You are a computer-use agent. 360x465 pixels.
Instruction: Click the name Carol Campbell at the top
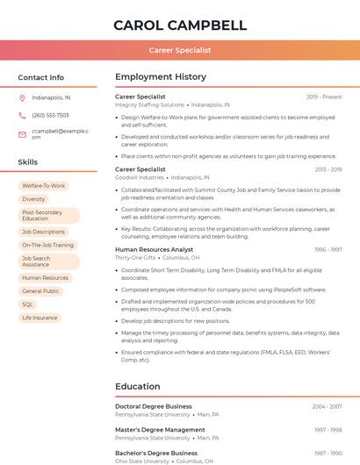coord(180,25)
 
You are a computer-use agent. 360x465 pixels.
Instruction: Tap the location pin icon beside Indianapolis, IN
coord(22,97)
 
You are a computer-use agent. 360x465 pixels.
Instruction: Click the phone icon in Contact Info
coord(22,115)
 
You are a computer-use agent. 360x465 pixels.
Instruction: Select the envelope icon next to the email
coord(22,134)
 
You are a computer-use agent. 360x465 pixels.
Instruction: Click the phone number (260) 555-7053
coord(50,115)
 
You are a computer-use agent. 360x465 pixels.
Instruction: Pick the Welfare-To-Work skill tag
coord(44,186)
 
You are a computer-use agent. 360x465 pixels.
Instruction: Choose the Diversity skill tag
coord(33,199)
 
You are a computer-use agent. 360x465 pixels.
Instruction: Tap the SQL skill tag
coord(28,304)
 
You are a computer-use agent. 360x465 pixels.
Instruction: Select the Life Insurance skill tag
coord(40,318)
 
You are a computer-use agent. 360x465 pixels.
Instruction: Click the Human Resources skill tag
coord(45,278)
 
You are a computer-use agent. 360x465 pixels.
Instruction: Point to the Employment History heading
coord(161,77)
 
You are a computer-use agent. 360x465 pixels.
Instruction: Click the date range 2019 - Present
coord(324,97)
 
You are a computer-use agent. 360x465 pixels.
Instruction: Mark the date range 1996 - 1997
coord(328,250)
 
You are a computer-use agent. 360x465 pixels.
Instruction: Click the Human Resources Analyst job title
coord(154,250)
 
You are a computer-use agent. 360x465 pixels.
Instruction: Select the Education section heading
coord(137,386)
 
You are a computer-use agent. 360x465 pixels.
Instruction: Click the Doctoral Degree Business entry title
coord(154,406)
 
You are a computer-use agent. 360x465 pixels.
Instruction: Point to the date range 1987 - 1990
coord(328,453)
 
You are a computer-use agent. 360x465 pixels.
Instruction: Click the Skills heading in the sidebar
coord(28,162)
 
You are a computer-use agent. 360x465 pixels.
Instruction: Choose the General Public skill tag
coord(40,291)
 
